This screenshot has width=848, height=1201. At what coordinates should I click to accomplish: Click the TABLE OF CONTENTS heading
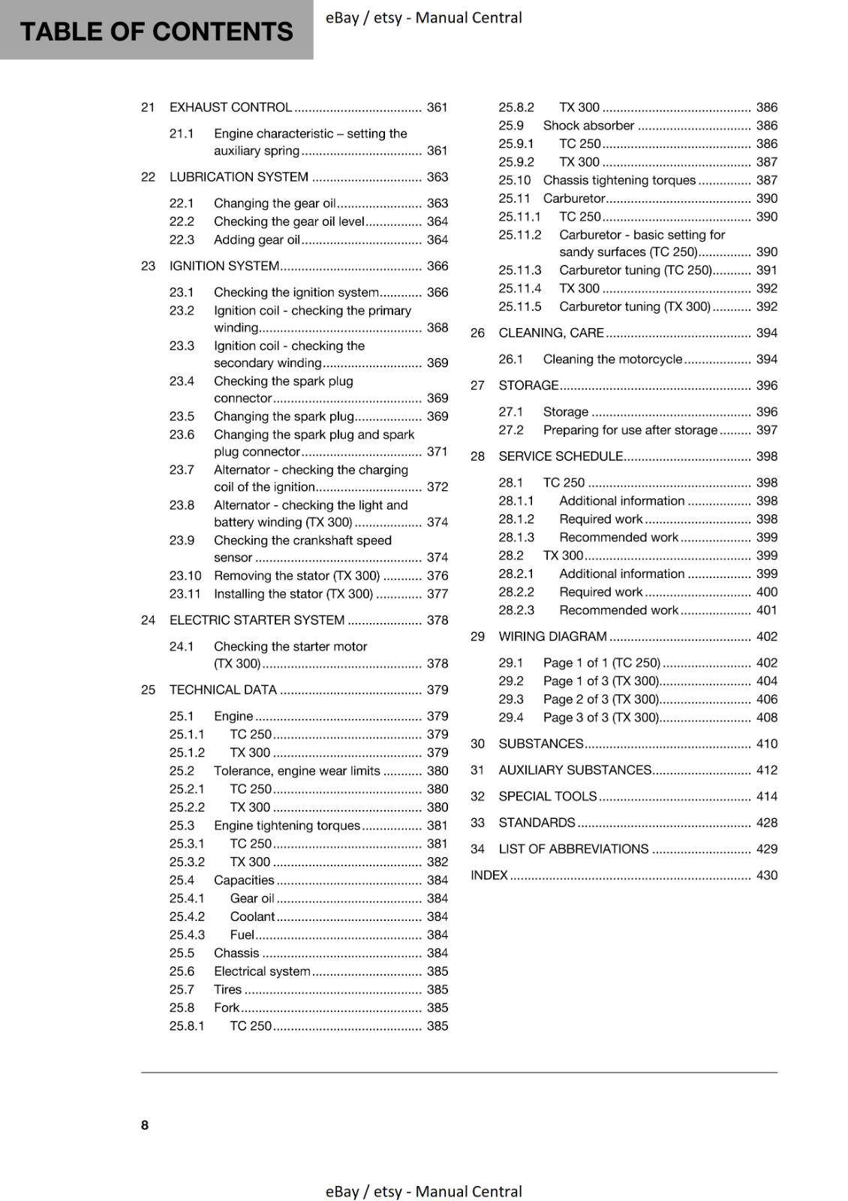pyautogui.click(x=156, y=32)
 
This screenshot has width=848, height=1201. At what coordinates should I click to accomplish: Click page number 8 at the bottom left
pyautogui.click(x=145, y=1124)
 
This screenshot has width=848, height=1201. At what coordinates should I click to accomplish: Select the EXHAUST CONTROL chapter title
pyautogui.click(x=230, y=107)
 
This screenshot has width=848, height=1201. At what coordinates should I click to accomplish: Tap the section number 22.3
pyautogui.click(x=182, y=240)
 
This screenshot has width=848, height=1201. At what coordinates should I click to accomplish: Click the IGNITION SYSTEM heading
pyautogui.click(x=224, y=266)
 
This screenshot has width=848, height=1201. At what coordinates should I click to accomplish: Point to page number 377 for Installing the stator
pyautogui.click(x=437, y=594)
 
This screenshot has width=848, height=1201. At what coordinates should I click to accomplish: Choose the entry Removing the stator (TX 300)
pyautogui.click(x=296, y=576)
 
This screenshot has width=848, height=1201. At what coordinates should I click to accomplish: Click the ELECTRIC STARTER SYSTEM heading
pyautogui.click(x=257, y=621)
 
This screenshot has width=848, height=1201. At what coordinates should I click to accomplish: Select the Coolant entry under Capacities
pyautogui.click(x=252, y=917)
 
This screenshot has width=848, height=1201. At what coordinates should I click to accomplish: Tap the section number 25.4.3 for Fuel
pyautogui.click(x=187, y=935)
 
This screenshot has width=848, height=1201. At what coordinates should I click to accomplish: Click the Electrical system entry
pyautogui.click(x=262, y=971)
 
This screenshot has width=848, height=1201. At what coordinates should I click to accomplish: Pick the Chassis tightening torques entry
pyautogui.click(x=619, y=180)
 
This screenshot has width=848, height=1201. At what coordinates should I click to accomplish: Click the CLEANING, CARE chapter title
pyautogui.click(x=551, y=333)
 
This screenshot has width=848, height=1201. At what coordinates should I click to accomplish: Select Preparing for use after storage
pyautogui.click(x=630, y=430)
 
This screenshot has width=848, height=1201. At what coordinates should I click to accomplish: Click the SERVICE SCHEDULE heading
pyautogui.click(x=561, y=456)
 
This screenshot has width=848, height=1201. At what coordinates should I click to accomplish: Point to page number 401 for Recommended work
pyautogui.click(x=766, y=610)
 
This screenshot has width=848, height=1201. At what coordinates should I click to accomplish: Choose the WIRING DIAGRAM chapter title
pyautogui.click(x=552, y=637)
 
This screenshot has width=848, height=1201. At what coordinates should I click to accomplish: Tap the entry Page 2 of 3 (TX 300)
pyautogui.click(x=600, y=700)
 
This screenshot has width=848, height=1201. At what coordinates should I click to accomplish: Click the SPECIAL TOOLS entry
pyautogui.click(x=548, y=796)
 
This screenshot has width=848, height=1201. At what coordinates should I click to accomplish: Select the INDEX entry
pyautogui.click(x=489, y=875)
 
